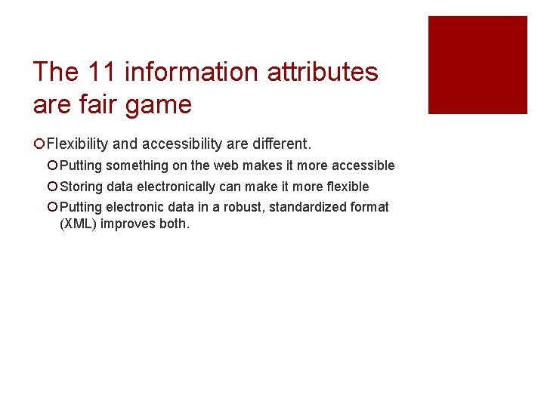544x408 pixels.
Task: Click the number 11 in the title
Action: pyautogui.click(x=102, y=73)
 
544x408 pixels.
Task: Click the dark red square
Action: pyautogui.click(x=478, y=65)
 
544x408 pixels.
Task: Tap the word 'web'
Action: pyautogui.click(x=226, y=165)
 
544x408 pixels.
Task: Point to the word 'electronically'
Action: pyautogui.click(x=176, y=187)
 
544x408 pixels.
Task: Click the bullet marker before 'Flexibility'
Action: pyautogui.click(x=39, y=144)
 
